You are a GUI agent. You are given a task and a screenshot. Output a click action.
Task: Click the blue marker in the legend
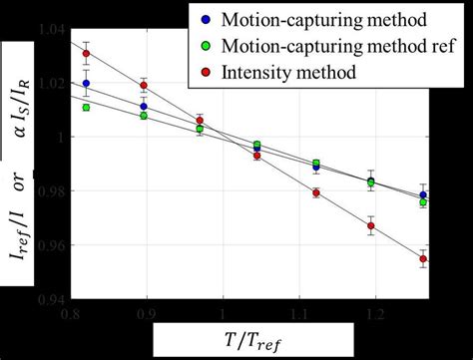(205, 20)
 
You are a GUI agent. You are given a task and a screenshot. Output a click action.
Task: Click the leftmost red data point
(87, 54)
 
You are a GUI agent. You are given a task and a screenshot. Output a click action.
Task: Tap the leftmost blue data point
(86, 84)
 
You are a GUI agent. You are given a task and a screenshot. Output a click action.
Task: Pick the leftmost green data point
(87, 107)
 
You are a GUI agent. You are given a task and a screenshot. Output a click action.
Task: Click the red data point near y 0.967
(370, 226)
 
